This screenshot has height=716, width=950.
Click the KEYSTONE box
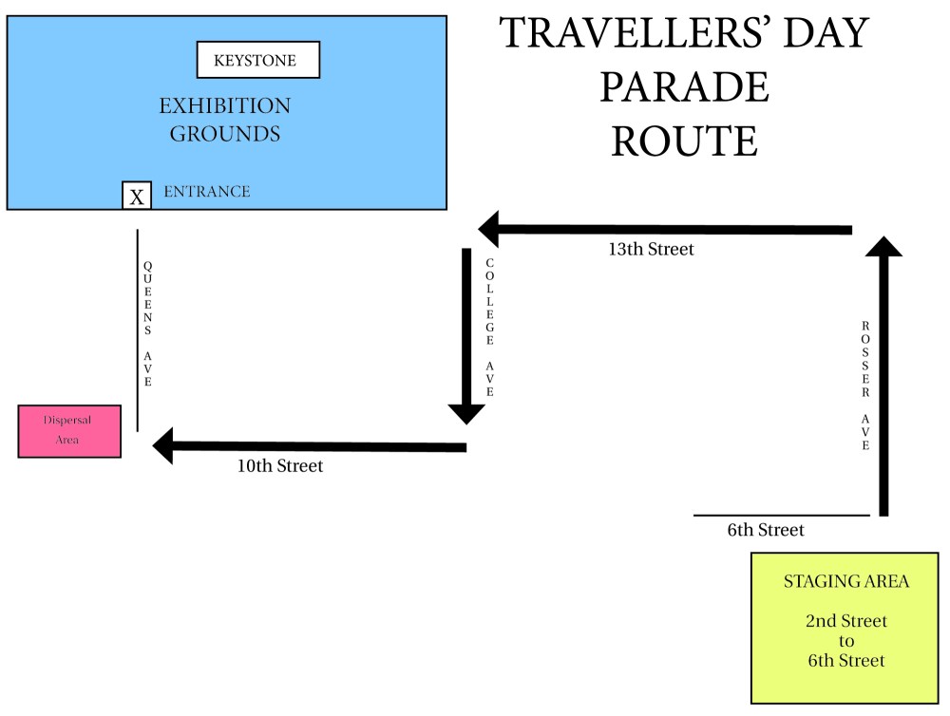pos(257,61)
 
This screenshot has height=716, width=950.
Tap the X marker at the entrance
pos(138,196)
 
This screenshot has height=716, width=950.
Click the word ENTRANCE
pos(207,192)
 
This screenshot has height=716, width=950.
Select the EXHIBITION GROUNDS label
pos(225,120)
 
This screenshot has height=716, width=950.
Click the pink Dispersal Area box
pos(69,431)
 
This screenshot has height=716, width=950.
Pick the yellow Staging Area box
pos(845,628)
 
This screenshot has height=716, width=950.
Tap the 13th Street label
pos(651,250)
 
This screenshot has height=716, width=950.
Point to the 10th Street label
pos(280,466)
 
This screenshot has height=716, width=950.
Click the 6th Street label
pos(766,531)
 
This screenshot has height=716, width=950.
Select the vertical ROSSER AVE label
pos(865,385)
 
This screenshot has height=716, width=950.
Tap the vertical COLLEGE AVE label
pos(490,327)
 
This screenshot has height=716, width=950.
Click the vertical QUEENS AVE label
pos(147,323)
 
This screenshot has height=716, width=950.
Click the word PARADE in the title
pos(684,87)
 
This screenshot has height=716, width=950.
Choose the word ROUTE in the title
pos(684,141)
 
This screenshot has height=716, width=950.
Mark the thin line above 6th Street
pos(781,516)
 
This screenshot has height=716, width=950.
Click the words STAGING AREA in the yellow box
pos(845,581)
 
